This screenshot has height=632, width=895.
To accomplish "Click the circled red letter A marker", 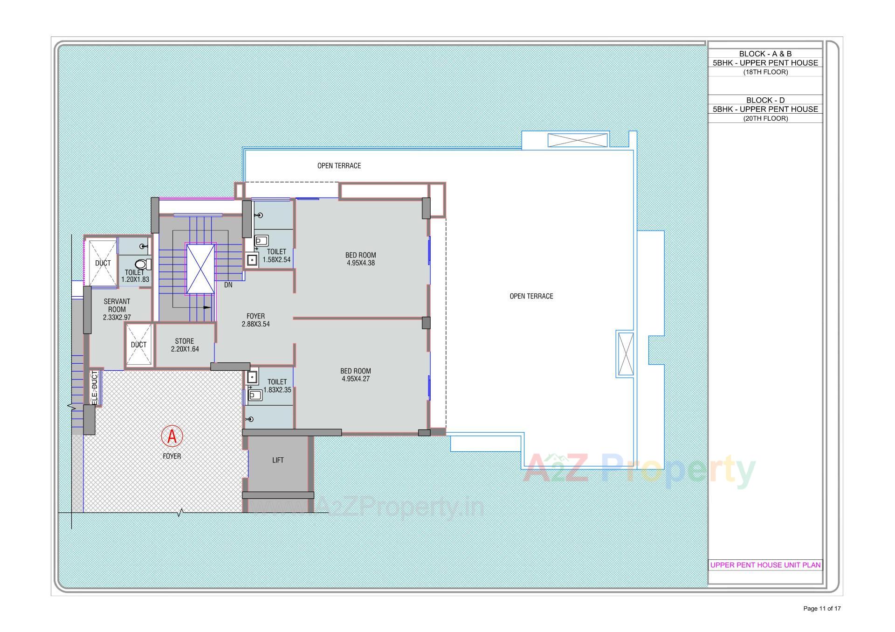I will click(172, 436).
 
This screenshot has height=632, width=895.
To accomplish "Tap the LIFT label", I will click(278, 460).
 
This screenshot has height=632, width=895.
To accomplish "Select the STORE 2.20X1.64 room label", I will click(185, 345).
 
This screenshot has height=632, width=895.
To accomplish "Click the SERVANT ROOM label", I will click(117, 306).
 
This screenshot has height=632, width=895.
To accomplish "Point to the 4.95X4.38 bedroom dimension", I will click(360, 263).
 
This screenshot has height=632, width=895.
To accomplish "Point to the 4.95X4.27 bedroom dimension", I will click(355, 379).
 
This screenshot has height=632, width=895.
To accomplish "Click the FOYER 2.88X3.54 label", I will click(255, 320).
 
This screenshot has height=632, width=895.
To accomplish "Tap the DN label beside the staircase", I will click(228, 285).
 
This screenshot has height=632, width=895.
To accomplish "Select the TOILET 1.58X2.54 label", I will click(276, 256).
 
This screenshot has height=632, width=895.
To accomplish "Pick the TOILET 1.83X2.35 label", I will click(277, 386).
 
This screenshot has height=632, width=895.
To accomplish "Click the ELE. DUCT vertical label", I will click(95, 387).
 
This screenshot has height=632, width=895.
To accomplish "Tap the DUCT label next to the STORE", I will click(138, 345).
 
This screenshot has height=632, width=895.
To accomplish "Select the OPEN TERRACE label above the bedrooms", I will click(339, 166).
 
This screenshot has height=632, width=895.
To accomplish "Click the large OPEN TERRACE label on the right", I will click(531, 296).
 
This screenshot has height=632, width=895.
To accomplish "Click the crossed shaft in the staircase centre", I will click(200, 269).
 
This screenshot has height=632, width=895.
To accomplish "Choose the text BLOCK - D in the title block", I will click(765, 100).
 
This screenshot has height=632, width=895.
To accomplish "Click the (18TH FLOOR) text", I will click(765, 72).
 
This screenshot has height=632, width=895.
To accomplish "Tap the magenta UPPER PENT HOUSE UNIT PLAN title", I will click(765, 565).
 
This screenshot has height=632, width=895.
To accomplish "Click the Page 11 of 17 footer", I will click(822, 608).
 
